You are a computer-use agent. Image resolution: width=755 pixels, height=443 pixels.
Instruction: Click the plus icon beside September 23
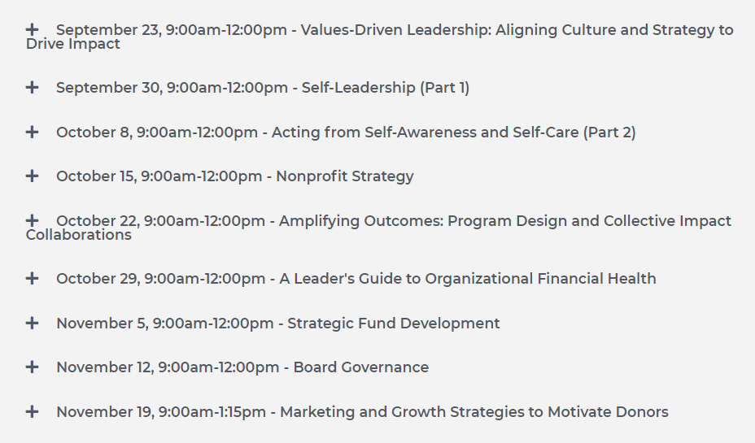pos(33,29)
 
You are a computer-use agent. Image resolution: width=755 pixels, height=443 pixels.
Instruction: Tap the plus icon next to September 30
pos(33,87)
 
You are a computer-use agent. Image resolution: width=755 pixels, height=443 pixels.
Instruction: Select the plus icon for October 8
pos(33,132)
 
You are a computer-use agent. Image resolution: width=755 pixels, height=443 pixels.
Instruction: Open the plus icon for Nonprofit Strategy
pos(33,176)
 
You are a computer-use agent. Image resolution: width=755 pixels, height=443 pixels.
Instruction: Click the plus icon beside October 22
pos(33,220)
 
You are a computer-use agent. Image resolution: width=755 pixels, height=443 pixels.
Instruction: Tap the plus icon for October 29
pos(33,278)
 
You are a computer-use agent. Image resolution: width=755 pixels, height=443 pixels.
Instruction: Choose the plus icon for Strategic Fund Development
pos(33,323)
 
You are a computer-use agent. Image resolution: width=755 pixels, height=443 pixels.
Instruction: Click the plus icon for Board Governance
pos(33,367)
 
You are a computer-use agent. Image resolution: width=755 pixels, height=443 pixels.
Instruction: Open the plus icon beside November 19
pos(33,412)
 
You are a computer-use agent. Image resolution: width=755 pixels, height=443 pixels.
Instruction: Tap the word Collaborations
pos(78,235)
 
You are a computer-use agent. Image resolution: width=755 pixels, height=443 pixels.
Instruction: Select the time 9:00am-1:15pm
pos(212,412)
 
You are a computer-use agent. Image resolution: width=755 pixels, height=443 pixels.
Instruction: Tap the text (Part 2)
pos(609,132)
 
